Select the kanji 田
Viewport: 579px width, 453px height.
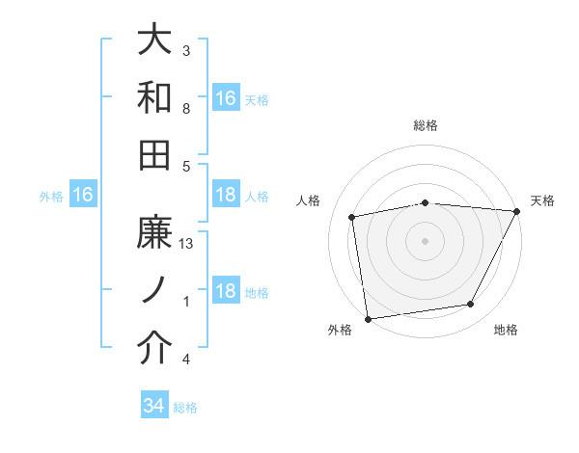[x=155, y=153]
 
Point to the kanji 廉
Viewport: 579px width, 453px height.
[x=155, y=233]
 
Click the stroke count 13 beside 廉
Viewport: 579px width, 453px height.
[x=187, y=245]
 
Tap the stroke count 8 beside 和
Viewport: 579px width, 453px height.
[x=185, y=109]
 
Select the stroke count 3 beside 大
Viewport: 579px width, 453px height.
[x=185, y=51]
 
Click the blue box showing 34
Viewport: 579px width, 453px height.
[x=153, y=407]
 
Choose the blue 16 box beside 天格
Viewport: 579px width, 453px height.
[x=226, y=98]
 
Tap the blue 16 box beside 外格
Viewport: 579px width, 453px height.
[x=83, y=196]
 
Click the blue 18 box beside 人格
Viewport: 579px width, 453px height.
[x=226, y=196]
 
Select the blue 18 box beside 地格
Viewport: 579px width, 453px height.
[x=226, y=292]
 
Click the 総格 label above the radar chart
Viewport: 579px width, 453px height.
[x=426, y=125]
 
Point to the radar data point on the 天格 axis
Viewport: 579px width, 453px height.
[x=517, y=212]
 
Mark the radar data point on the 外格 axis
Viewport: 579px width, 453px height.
[x=368, y=318]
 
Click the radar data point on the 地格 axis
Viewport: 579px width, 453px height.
[x=471, y=305]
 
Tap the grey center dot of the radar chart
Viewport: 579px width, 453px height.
[x=426, y=240]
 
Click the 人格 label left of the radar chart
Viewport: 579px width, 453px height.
[x=309, y=200]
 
